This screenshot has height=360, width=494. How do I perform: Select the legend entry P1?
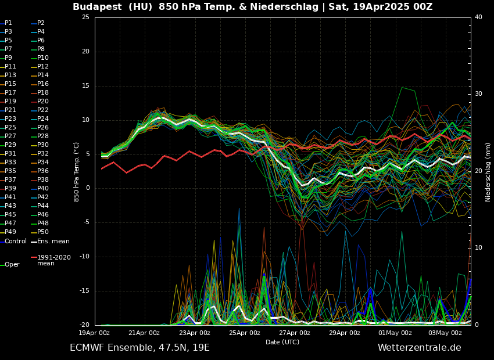[x=8, y=23]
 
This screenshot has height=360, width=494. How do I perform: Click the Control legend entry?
[x=16, y=241]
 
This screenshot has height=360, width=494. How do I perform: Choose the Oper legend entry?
[x=12, y=265]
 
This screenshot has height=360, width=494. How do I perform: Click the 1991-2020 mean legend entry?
[x=53, y=260]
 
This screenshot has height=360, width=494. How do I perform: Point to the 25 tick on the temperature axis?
[x=85, y=17]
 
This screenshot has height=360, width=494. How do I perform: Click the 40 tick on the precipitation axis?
[x=478, y=17]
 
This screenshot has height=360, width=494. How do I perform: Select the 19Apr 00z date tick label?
[x=94, y=333]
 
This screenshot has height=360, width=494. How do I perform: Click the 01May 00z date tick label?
[x=395, y=333]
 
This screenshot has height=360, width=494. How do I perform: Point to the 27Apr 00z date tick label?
[x=295, y=333]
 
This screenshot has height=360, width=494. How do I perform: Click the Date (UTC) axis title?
[x=282, y=343]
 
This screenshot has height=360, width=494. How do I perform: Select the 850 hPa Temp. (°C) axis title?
[x=77, y=171]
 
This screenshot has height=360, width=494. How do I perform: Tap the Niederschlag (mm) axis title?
[x=488, y=171]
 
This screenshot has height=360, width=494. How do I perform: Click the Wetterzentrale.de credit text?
[x=419, y=348]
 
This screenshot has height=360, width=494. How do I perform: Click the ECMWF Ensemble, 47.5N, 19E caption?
[x=139, y=348]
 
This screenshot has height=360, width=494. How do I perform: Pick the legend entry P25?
[x=10, y=128]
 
